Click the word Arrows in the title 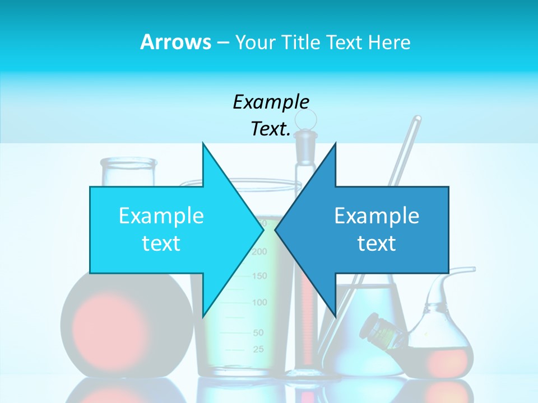pyautogui.click(x=176, y=42)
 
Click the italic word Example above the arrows pyautogui.click(x=271, y=102)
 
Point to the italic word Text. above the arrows pyautogui.click(x=271, y=129)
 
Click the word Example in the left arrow pyautogui.click(x=161, y=216)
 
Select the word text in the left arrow pyautogui.click(x=161, y=243)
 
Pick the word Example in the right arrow pyautogui.click(x=377, y=216)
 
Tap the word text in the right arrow pyautogui.click(x=377, y=243)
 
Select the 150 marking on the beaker pyautogui.click(x=259, y=276)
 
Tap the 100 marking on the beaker pyautogui.click(x=259, y=303)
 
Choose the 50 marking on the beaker pyautogui.click(x=258, y=332)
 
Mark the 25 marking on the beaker pyautogui.click(x=258, y=350)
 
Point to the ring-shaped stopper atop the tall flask pyautogui.click(x=306, y=119)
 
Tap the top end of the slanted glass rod pyautogui.click(x=417, y=119)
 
